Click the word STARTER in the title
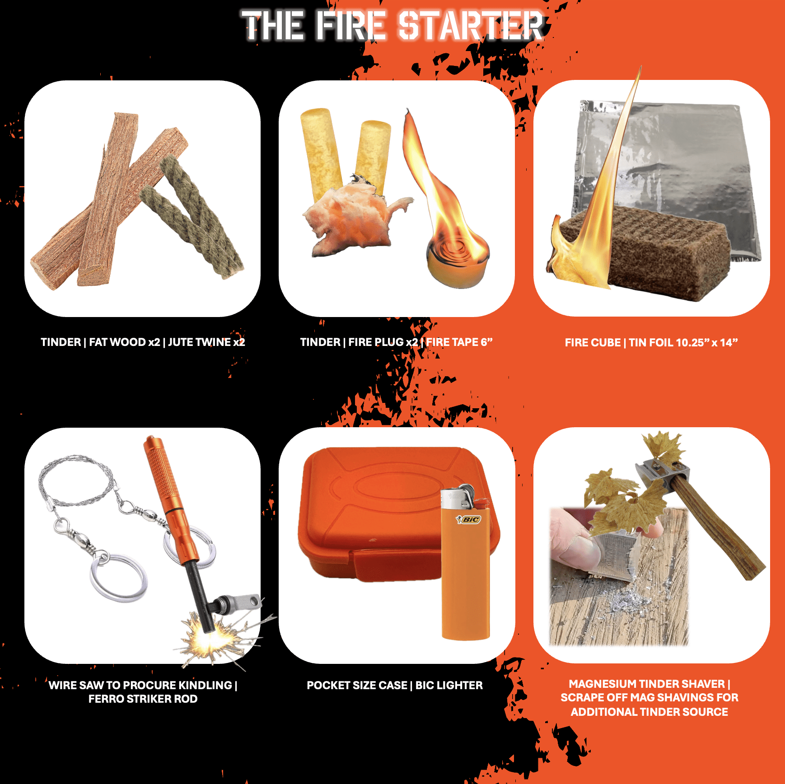(471, 26)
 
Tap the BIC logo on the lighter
(470, 519)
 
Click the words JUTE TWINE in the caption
(199, 342)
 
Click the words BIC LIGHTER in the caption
(449, 686)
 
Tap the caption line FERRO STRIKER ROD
(143, 699)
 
